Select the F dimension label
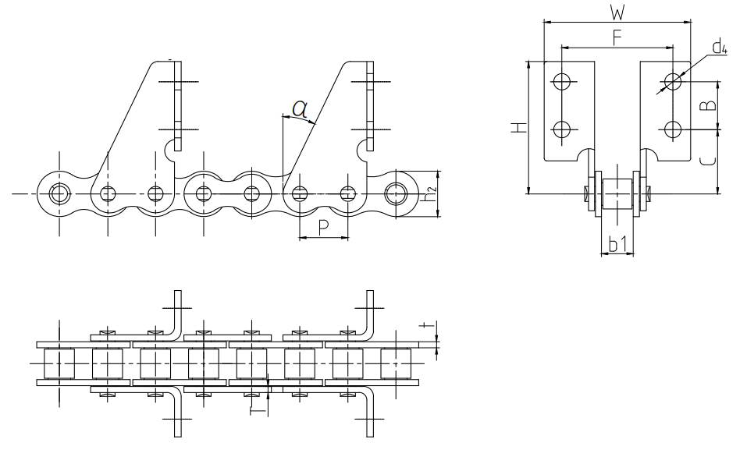[x=617, y=37]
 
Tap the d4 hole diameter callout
[x=719, y=49]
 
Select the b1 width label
[x=617, y=246]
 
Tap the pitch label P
[x=323, y=226]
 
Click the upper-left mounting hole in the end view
[x=561, y=80]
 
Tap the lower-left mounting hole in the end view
[x=561, y=128]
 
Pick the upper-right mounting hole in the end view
[x=674, y=80]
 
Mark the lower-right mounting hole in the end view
[x=674, y=128]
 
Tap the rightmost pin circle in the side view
[x=397, y=193]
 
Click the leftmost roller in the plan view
[x=59, y=364]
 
